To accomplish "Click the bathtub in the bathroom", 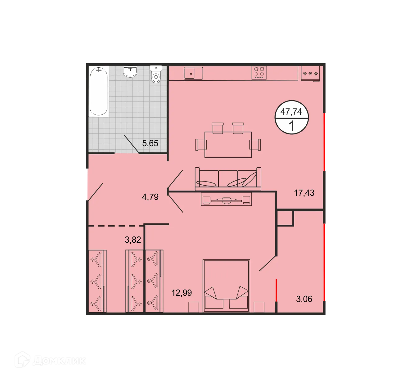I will coord(99,91).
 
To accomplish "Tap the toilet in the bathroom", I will coord(156,74).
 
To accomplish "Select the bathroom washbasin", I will coord(130,71).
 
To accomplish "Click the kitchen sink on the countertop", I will coord(193,73).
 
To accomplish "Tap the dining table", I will coord(228,145).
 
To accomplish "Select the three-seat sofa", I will coord(228,178).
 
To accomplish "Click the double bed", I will coord(226,286).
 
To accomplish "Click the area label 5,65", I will coord(150,143).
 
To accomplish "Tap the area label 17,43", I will coord(304,193).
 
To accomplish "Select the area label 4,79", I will coord(150,197).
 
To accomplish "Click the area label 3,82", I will coord(133,240).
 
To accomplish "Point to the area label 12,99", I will coord(182,293).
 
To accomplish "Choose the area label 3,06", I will coord(304,299).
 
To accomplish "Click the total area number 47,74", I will coord(291,112).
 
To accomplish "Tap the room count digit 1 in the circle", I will coord(292,126).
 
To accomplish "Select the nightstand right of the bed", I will coord(259,307).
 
